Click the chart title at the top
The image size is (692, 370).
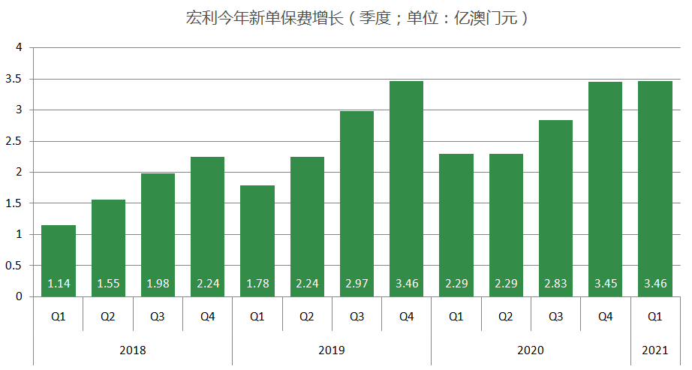coord(357,19)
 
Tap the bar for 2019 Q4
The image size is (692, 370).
coord(406,188)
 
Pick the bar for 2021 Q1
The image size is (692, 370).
coord(654,188)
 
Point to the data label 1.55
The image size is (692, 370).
coord(108,284)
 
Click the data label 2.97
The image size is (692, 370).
coord(357,284)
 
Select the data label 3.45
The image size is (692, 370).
coord(605,284)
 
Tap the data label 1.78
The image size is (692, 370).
coord(257,284)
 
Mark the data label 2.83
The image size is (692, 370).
coord(555,284)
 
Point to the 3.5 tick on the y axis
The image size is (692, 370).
coord(17,79)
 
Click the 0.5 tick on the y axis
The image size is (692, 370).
coord(17,266)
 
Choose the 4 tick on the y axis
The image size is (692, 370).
coord(20,48)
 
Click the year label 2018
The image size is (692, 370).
coord(133,350)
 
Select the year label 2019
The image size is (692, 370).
coord(332,350)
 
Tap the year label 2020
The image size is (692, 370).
coord(531,350)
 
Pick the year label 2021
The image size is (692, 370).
coord(654,350)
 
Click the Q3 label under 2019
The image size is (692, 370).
coord(357,317)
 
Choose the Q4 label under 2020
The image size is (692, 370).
coord(605,317)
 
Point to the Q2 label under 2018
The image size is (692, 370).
coord(108,317)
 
